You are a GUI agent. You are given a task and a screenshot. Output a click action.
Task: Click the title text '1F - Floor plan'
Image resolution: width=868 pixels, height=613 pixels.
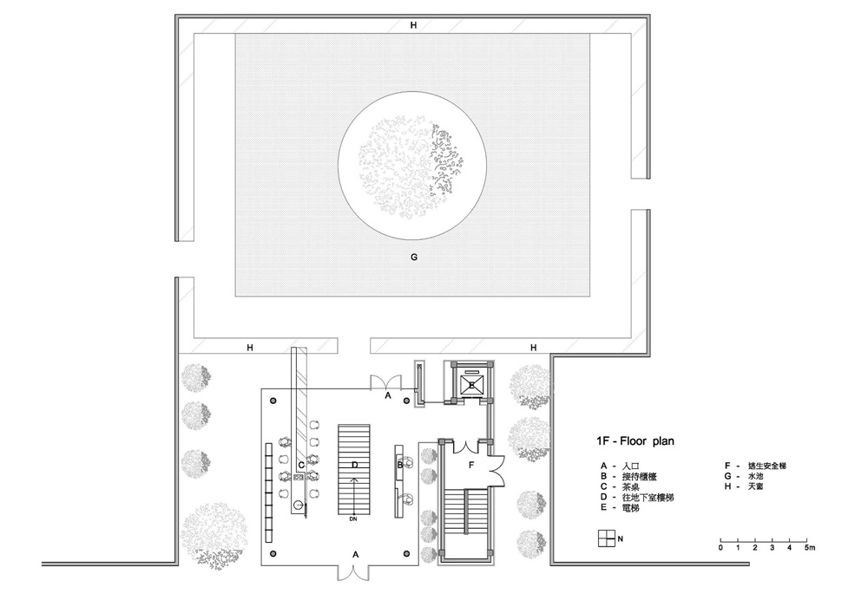pos(635,441)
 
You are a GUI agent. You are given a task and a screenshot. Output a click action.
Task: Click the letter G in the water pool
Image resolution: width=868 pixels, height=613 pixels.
pos(413,257)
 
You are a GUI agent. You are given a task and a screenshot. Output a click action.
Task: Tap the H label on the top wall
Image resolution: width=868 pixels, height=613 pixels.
pos(413,25)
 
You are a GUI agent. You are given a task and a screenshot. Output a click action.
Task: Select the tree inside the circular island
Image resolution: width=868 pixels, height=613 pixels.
pos(411,166)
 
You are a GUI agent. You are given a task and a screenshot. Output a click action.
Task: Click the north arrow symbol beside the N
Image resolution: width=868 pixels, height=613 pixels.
pos(607,538)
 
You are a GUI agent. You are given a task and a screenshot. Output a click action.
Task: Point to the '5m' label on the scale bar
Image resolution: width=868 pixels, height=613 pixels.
pos(809,548)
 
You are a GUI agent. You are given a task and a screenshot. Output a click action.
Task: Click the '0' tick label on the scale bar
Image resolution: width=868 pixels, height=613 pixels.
pos(720,548)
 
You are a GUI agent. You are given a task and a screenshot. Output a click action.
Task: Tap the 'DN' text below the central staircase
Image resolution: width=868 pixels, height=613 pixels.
pos(353,519)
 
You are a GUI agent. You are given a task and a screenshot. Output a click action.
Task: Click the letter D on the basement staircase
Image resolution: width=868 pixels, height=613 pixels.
pos(354,465)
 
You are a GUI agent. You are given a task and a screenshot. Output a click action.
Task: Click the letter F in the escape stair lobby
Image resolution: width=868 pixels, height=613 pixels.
pos(471,465)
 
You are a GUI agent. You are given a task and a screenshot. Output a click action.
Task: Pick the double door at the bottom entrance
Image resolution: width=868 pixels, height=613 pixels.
pos(353,573)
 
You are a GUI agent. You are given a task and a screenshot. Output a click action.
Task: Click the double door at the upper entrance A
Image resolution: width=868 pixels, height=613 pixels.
pos(385,382)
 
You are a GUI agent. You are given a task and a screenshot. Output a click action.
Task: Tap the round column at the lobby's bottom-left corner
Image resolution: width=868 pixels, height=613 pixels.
pos(273,553)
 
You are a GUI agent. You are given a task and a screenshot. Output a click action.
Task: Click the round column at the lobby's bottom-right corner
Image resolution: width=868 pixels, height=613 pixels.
pos(407,553)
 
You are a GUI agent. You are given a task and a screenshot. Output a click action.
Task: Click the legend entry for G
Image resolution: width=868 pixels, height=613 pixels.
pos(744,476)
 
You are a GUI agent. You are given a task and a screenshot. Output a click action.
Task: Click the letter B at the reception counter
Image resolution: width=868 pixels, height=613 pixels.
pos(399,465)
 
